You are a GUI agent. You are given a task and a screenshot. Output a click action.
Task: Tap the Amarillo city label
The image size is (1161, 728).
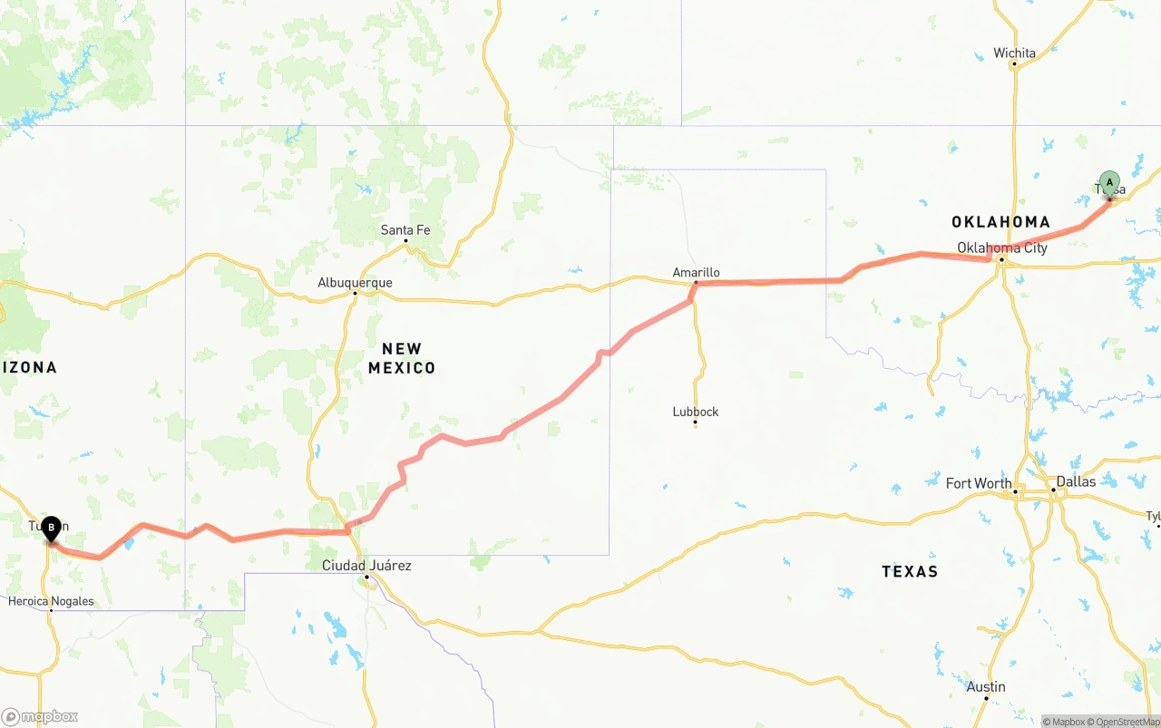coord(696,272)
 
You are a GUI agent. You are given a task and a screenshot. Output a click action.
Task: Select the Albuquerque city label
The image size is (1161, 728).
coord(355,282)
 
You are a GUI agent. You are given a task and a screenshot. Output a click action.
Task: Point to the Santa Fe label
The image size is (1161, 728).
coord(405,229)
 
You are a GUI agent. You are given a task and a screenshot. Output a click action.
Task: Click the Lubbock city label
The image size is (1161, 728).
coord(696,411)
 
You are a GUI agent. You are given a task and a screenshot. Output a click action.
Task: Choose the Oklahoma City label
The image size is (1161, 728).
coord(1002,248)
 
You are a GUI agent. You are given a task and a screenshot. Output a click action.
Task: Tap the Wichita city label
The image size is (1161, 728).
coord(1014,53)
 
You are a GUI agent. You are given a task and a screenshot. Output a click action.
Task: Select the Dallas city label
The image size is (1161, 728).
coord(1076,480)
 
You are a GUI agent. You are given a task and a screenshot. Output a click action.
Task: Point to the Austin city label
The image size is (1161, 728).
coord(986,686)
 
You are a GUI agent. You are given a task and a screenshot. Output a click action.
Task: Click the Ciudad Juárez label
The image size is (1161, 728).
coord(366,565)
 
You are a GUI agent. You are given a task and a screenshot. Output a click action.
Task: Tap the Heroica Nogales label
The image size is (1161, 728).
coord(51,600)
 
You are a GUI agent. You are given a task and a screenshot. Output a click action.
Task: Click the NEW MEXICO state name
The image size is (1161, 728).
coord(402,358)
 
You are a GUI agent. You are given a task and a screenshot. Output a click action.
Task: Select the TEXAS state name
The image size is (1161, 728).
coord(910,571)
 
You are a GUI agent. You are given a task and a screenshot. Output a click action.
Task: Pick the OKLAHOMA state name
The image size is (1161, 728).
coord(1000,221)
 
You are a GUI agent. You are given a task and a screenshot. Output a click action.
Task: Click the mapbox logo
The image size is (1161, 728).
coord(40,716)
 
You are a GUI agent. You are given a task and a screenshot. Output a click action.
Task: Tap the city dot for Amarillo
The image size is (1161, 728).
coord(696,284)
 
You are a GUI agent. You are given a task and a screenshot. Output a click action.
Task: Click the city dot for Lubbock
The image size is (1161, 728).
coord(696,422)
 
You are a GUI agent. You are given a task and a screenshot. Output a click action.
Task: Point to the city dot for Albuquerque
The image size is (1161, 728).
coord(355,293)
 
